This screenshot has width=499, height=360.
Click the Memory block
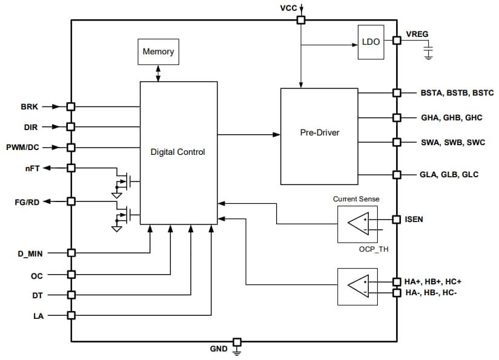pyautogui.click(x=158, y=52)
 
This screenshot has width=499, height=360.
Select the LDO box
pyautogui.click(x=370, y=42)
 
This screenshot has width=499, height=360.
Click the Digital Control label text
pyautogui.click(x=177, y=152)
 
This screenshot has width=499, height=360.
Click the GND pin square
pyautogui.click(x=237, y=342)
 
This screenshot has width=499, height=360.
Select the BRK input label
pyautogui.click(x=30, y=106)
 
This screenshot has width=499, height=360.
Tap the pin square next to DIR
pyautogui.click(x=71, y=126)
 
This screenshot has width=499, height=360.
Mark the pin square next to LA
pyautogui.click(x=71, y=315)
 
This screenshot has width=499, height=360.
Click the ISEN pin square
pyautogui.click(x=397, y=219)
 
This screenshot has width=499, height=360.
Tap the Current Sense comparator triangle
pyautogui.click(x=358, y=224)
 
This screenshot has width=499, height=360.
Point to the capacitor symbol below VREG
pyautogui.click(x=429, y=54)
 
